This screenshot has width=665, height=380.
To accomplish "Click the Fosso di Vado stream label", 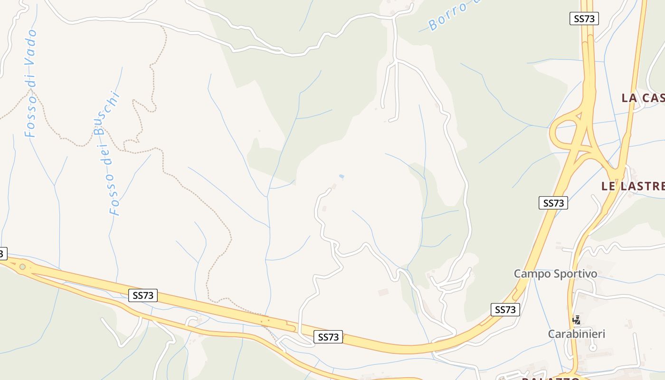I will [31, 83].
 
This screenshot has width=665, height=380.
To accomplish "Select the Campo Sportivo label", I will [555, 274].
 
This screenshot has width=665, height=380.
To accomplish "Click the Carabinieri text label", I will [577, 334].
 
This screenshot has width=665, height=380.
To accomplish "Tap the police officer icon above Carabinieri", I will [577, 320].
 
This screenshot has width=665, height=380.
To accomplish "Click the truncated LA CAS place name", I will [643, 98].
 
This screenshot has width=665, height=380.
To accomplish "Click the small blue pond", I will [341, 177].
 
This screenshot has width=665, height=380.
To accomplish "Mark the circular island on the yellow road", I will [22, 267].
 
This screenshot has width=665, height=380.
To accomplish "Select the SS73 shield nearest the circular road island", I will [143, 295].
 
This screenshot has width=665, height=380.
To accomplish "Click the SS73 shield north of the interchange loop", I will [584, 19].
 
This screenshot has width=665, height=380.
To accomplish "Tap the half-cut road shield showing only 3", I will [2, 254].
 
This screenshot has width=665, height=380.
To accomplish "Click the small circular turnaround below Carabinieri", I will [592, 348].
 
